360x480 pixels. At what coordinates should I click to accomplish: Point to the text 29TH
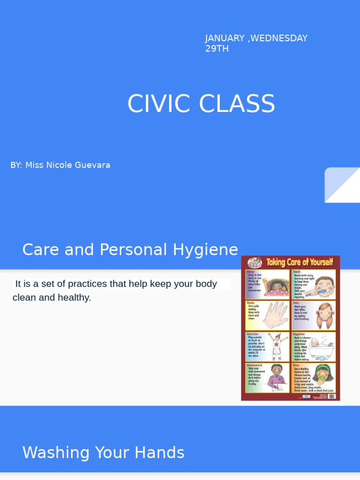coord(217,49)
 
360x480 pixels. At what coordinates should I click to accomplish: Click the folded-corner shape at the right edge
coord(342,185)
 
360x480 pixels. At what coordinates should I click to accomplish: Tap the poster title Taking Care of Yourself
coord(299,262)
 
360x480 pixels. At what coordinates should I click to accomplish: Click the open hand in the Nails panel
coord(276,315)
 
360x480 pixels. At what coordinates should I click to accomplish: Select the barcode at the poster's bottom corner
coord(332,396)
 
